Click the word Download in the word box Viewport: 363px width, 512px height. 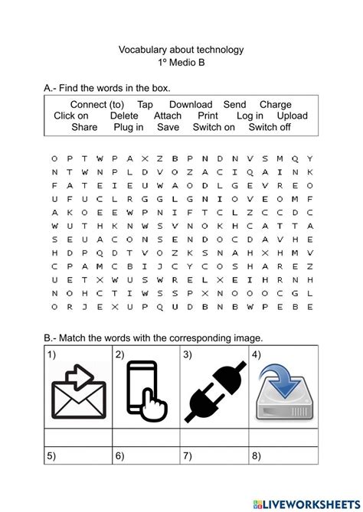(191, 105)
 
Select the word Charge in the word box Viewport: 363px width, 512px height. (275, 105)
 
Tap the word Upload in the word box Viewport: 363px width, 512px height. (292, 116)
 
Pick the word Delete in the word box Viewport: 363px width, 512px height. (124, 116)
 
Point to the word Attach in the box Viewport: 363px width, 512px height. (168, 116)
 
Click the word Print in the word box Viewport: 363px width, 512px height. (208, 116)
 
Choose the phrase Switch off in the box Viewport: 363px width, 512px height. (270, 128)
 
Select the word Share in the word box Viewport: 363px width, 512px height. (84, 128)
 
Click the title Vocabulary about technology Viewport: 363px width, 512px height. (181, 50)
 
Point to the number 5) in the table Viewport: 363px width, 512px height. (51, 457)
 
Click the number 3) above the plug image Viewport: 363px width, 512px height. (187, 355)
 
